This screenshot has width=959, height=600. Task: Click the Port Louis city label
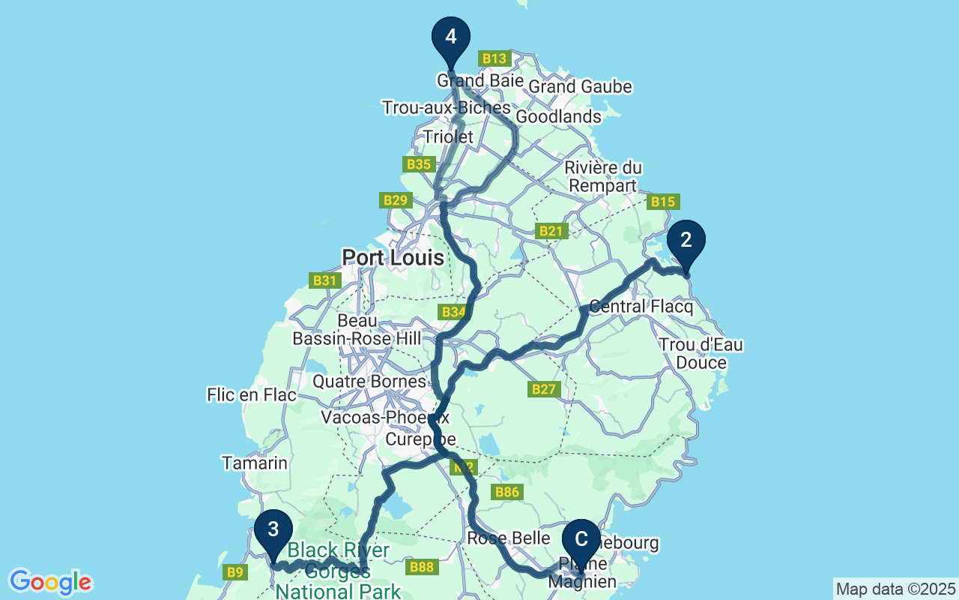click(x=393, y=258)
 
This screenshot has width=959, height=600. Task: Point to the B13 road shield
click(x=494, y=58)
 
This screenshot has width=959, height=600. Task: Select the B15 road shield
click(x=663, y=201)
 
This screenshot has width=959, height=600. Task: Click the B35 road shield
click(x=418, y=163)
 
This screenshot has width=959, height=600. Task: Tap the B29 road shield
click(x=395, y=199)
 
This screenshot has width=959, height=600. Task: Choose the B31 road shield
click(x=324, y=280)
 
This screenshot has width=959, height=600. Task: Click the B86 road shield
click(x=506, y=492)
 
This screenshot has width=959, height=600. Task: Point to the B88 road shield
click(x=422, y=567)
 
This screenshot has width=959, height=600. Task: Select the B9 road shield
click(x=235, y=572)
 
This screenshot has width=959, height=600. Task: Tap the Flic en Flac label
click(x=252, y=394)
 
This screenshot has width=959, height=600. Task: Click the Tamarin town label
click(x=255, y=463)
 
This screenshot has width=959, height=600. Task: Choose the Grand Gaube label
click(x=580, y=87)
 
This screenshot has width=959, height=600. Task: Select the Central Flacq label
click(x=627, y=307)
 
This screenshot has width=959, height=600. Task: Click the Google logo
click(x=51, y=582)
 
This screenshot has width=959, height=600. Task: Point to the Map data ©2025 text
click(x=895, y=589)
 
